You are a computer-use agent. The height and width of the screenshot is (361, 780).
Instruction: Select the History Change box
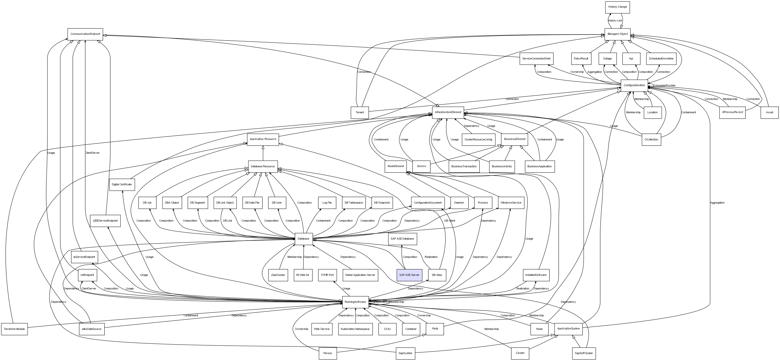617,7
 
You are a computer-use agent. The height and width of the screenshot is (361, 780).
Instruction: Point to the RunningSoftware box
355,302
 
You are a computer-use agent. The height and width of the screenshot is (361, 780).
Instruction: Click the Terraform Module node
14,329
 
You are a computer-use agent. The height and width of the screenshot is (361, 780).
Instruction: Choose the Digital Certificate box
122,185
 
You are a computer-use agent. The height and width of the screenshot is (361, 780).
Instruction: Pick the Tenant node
360,113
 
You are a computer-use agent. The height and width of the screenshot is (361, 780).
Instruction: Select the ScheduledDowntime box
661,59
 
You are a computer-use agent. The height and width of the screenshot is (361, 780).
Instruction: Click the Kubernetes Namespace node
355,329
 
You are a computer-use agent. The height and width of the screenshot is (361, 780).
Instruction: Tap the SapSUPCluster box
584,353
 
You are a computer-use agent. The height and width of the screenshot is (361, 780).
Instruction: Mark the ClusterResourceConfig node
478,139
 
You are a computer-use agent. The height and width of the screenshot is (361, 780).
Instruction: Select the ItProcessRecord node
732,112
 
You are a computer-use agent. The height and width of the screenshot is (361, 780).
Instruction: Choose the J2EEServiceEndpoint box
105,221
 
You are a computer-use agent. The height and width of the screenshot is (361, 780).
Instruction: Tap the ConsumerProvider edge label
664,86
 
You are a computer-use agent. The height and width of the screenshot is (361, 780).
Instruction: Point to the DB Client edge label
450,221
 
